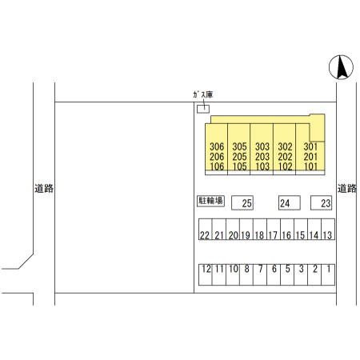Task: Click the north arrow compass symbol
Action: (x=341, y=67)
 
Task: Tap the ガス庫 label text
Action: (x=203, y=94)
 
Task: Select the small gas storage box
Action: (x=203, y=109)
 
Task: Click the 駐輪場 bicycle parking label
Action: (x=210, y=201)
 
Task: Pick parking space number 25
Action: (x=242, y=203)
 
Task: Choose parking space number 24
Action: (x=290, y=202)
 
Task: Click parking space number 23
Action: (x=321, y=203)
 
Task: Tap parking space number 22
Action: (x=206, y=230)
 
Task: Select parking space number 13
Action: (x=328, y=230)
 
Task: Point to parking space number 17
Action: (x=274, y=230)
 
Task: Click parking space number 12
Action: (x=206, y=274)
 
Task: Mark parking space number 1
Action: (x=328, y=274)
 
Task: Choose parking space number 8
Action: (x=246, y=274)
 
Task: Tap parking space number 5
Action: (x=287, y=274)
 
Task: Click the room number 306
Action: (x=217, y=146)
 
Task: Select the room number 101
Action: (x=310, y=166)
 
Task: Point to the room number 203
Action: (x=262, y=157)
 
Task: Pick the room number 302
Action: (x=285, y=146)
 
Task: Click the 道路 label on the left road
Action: (x=44, y=189)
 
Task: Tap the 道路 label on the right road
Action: (x=347, y=189)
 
